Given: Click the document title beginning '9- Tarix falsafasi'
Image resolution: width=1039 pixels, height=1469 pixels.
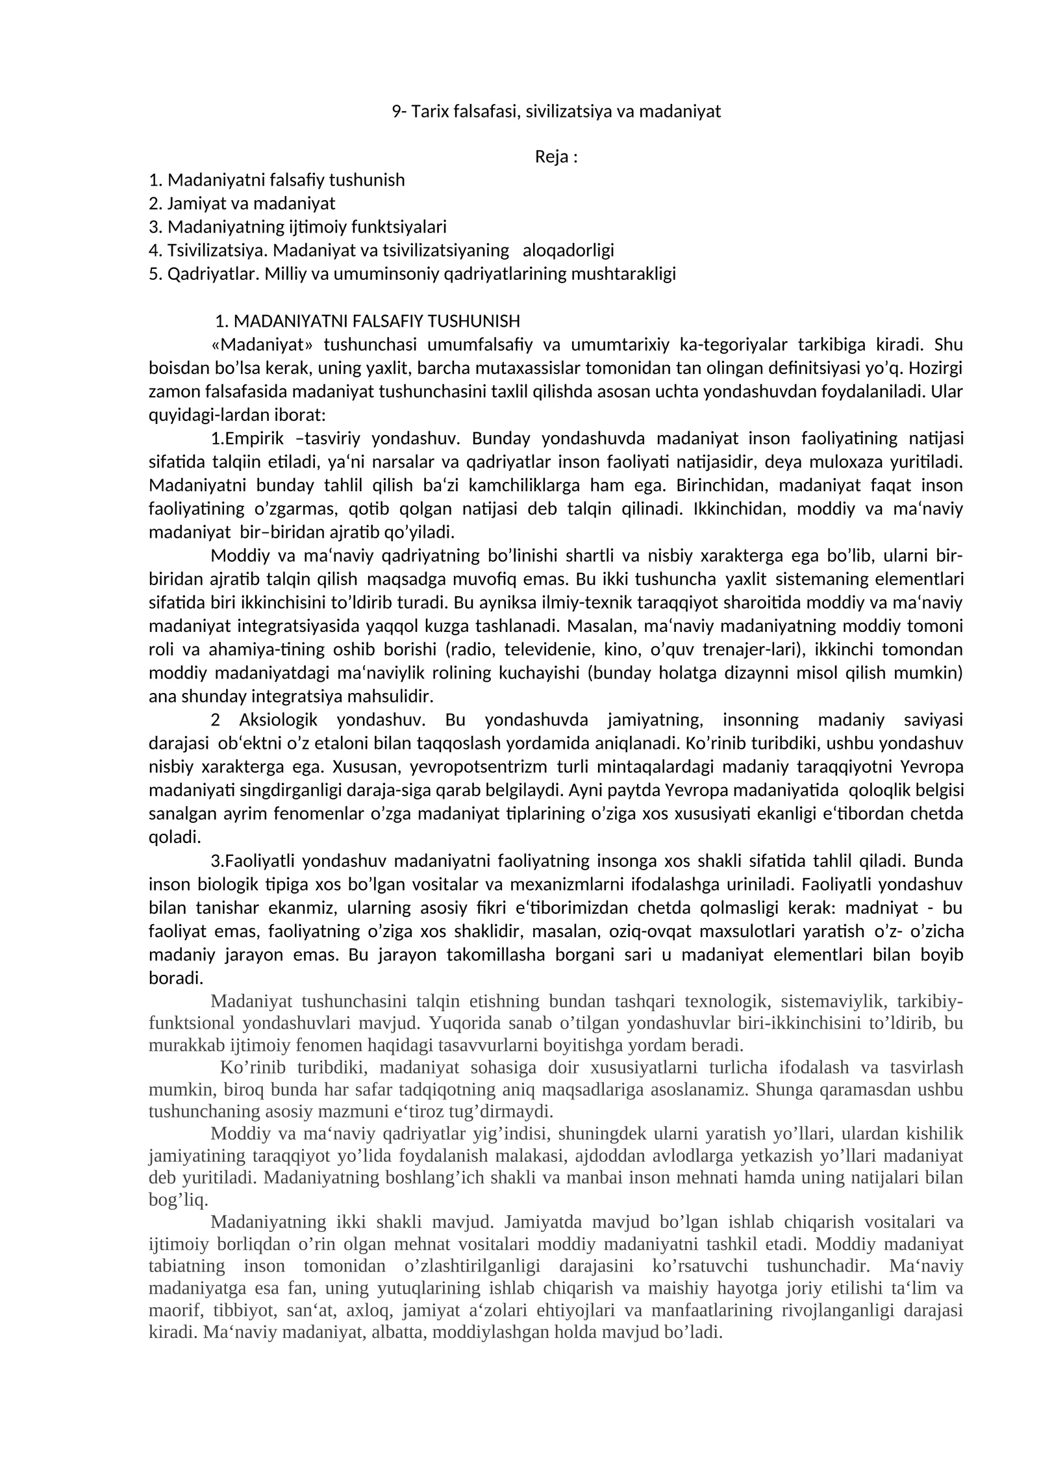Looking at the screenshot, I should click(x=556, y=112).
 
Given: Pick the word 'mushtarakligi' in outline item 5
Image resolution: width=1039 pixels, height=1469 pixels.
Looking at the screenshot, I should click(x=623, y=273).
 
